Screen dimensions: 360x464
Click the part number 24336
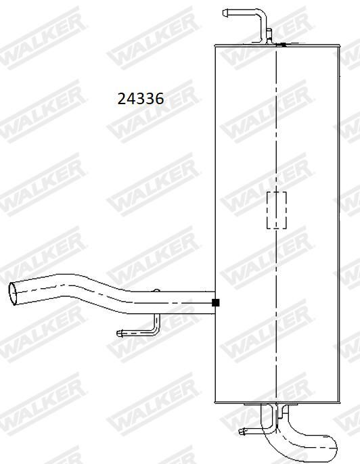pos(141,99)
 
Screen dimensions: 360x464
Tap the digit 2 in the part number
pos(122,99)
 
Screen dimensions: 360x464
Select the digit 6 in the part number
pos(159,99)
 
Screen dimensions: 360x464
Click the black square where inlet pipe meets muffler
pos(216,302)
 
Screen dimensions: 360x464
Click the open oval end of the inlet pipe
pos(14,294)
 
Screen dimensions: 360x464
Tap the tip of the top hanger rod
pos(225,13)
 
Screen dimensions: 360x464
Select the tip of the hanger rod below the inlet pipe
pos(119,333)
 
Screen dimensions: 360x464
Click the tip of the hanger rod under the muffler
pos(241,432)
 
